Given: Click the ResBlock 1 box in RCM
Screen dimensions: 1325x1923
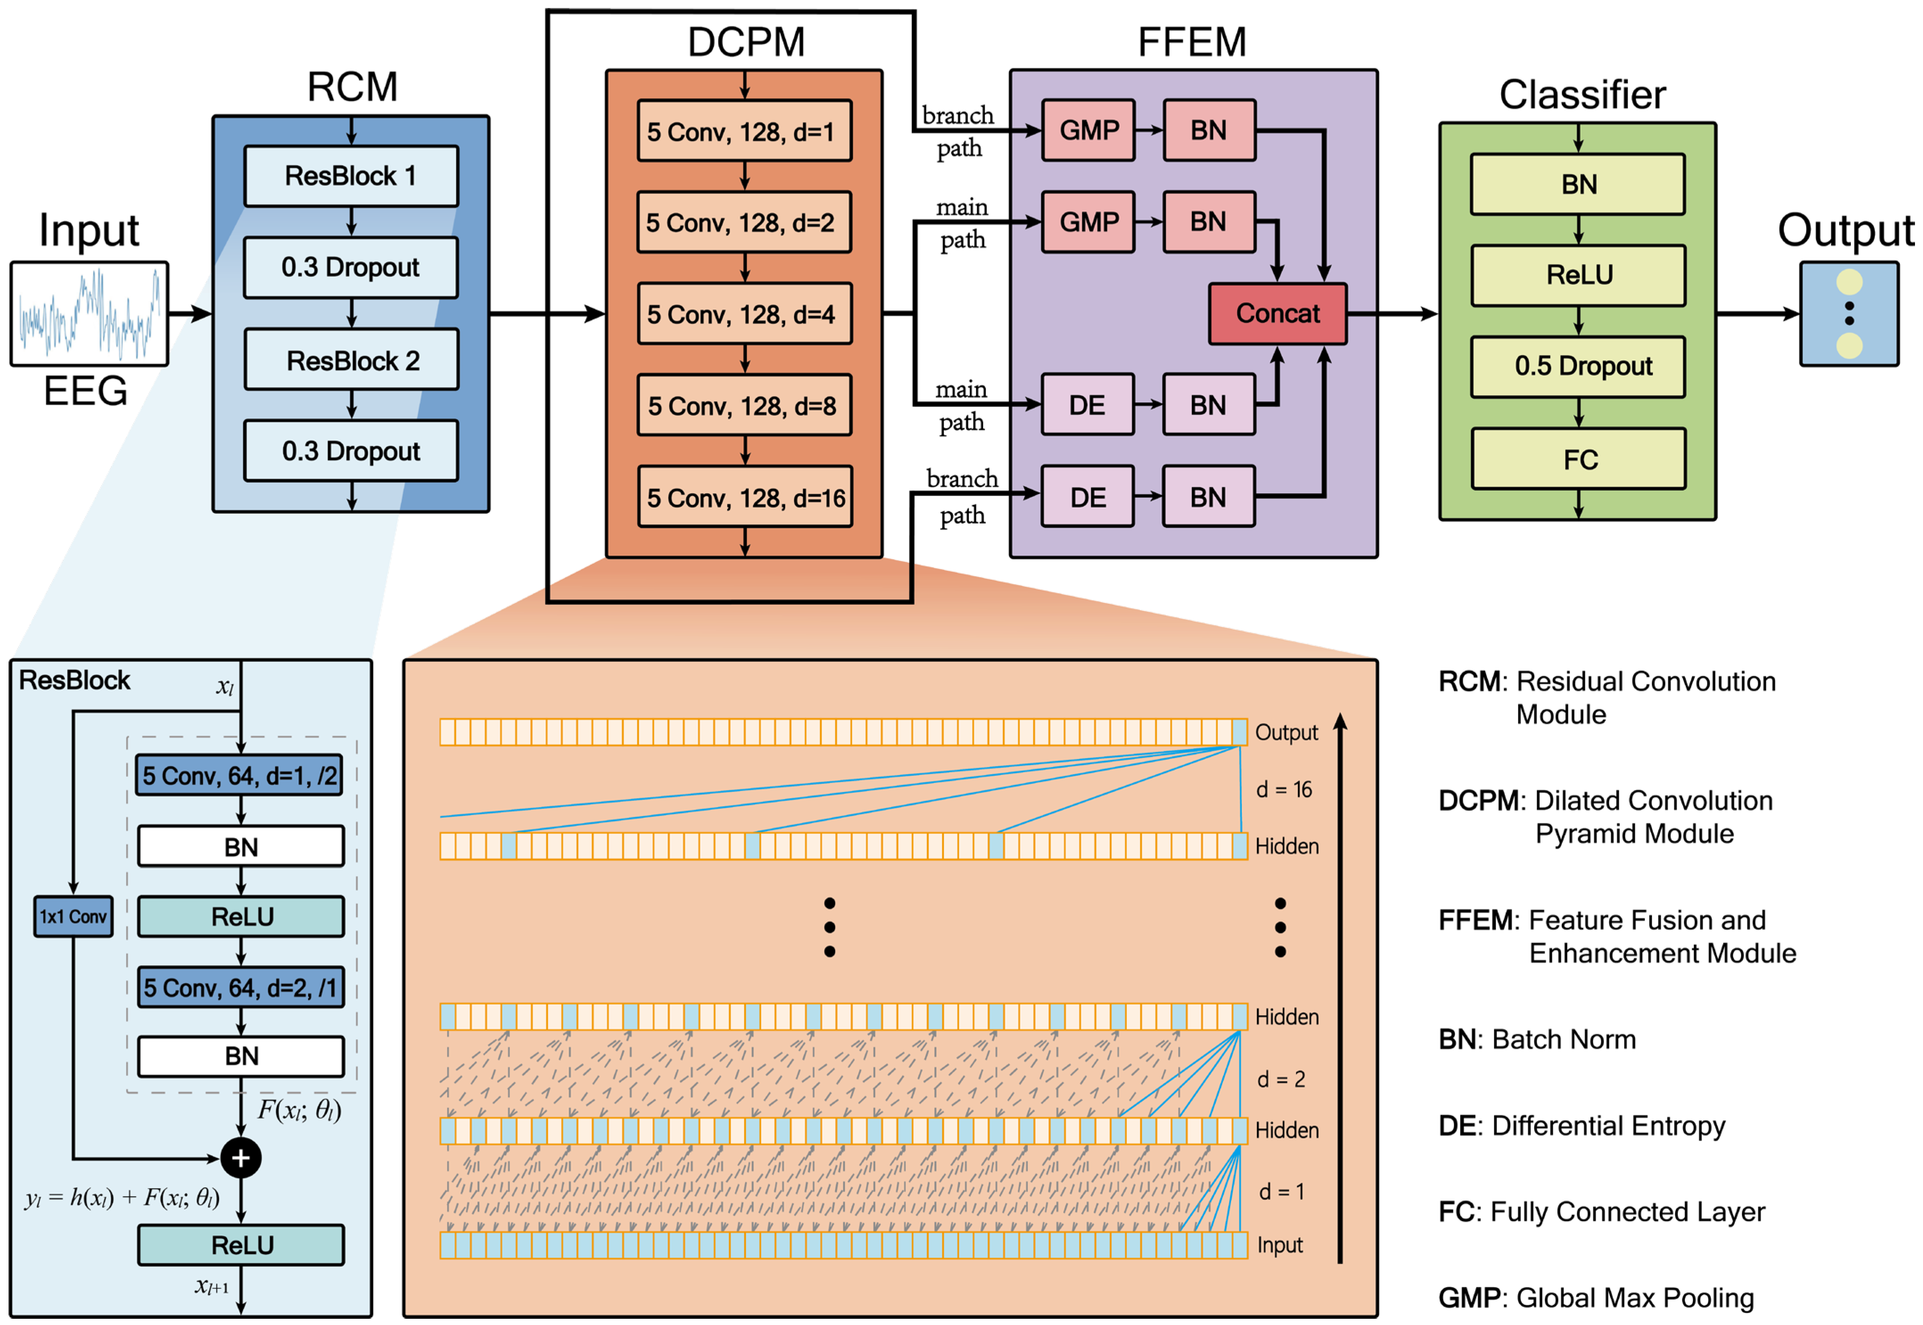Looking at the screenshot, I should point(351,176).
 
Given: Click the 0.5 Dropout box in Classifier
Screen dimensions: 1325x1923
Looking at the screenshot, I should point(1578,366).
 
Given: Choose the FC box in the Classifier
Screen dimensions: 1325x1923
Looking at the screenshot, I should point(1578,459).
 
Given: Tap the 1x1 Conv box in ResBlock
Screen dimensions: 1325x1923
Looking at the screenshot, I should point(73,916).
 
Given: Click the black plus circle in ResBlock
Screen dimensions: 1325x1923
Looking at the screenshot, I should point(241,1158).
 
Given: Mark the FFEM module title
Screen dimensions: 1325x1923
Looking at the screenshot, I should point(1192,41).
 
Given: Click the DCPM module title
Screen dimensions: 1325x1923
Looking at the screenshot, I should point(746,41).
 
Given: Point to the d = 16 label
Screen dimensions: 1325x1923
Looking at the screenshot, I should point(1284,789).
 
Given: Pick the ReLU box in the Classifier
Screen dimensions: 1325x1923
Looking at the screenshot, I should point(1578,275).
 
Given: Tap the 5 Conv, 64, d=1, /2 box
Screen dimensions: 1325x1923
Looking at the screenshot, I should point(239,776).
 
